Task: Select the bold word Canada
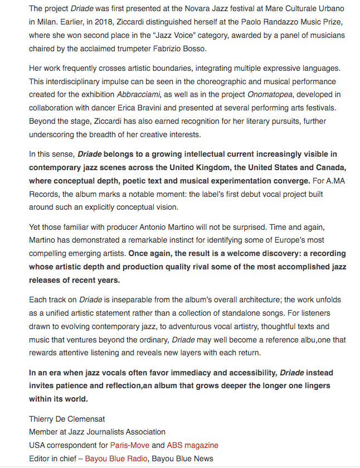[x=330, y=167]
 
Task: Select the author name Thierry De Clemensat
[x=67, y=418]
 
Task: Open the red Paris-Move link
[x=130, y=445]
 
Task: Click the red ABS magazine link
[x=192, y=445]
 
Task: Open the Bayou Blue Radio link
[x=116, y=459]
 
